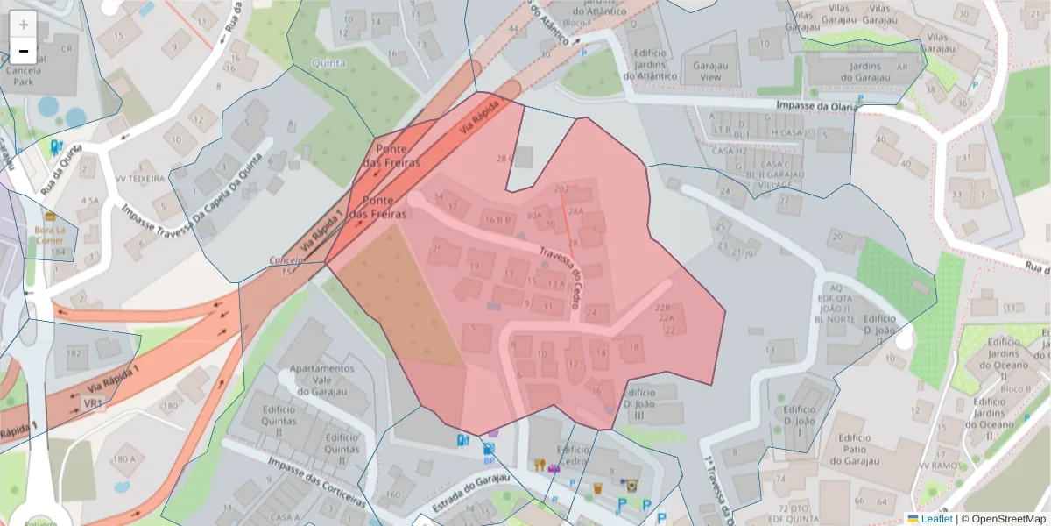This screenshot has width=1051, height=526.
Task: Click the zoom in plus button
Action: coord(24,25)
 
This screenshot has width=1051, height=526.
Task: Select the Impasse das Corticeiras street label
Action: coord(317,481)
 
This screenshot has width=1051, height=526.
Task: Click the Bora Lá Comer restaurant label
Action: coord(50,236)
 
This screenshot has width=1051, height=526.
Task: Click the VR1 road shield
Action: coord(93,403)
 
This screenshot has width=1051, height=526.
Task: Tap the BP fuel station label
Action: coord(488,459)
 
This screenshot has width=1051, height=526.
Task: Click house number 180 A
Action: coord(123,458)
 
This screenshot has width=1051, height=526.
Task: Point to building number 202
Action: coord(561,188)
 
